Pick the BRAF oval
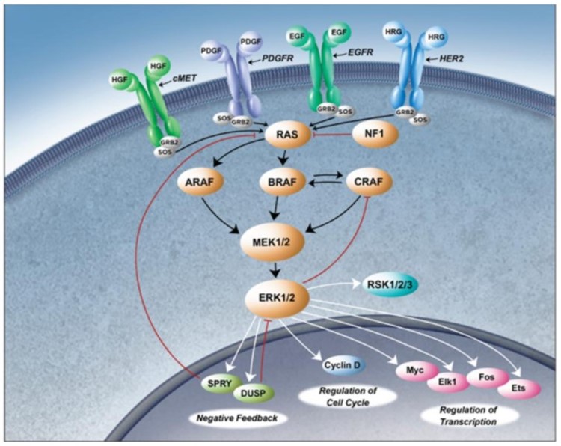286,182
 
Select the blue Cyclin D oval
344,366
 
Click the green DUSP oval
255,394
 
